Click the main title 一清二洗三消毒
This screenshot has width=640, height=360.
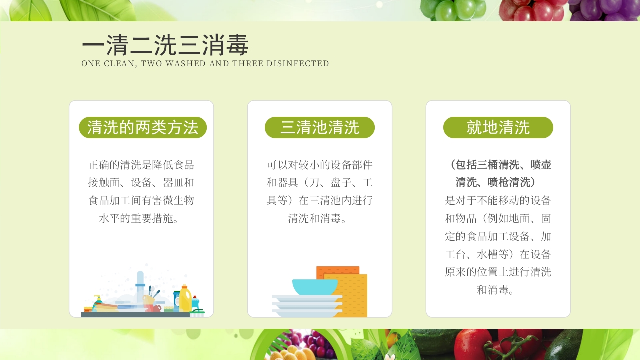[x=165, y=46]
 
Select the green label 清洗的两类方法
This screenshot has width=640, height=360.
[x=143, y=128]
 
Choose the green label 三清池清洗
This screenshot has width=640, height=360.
[x=320, y=128]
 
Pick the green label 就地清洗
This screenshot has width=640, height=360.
[x=498, y=128]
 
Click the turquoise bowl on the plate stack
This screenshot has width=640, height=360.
[x=315, y=287]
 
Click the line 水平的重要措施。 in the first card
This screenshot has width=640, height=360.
[x=141, y=218]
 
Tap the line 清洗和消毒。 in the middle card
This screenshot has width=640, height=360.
[x=320, y=218]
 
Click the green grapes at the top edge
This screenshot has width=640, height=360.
[x=452, y=9]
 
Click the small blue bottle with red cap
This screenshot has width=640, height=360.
[x=195, y=303]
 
